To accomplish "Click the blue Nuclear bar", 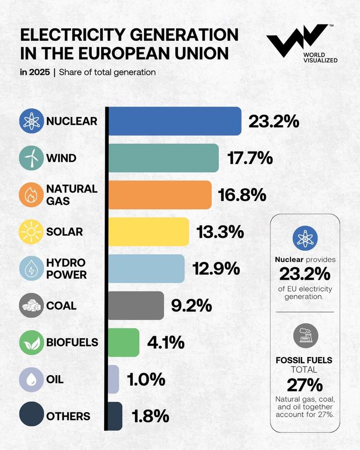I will point(175,121).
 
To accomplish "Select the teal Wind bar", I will point(163,158).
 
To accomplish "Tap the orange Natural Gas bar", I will point(159,195).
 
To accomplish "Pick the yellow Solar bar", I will point(148,231).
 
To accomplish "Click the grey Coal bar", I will point(136,305).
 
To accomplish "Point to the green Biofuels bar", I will point(123,342).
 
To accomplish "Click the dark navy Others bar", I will point(115,416).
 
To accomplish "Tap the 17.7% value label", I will point(250,158).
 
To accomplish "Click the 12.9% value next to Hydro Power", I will point(216,268).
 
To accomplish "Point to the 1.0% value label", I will point(146,379).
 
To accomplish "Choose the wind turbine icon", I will point(31,158).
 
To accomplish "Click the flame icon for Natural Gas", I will point(31,195).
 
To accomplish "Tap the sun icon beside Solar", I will point(31,232).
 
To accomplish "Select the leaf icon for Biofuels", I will point(31,343).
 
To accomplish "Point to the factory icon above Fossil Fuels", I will point(305,335).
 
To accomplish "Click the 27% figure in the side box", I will point(305,385).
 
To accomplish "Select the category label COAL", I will point(61,306).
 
